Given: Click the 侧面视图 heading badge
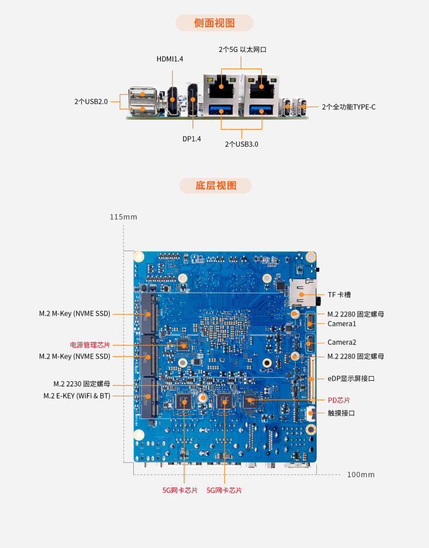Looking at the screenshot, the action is (x=214, y=23).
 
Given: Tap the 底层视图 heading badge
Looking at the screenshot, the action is (x=215, y=186).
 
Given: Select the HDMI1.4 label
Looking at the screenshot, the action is (x=170, y=59).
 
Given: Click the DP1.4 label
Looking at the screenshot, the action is (x=192, y=139).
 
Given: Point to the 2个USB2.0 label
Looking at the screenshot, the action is (x=90, y=102).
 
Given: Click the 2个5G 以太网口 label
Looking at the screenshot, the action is (x=243, y=50).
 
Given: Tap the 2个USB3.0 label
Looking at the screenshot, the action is (x=241, y=144).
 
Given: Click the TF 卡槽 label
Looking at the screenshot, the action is (x=339, y=295).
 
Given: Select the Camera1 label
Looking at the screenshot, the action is (x=342, y=324).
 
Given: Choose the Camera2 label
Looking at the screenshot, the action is (x=342, y=342).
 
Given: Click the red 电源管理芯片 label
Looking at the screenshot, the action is (x=90, y=345).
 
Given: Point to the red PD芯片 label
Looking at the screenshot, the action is (x=339, y=400).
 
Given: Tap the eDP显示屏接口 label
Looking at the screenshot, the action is (x=351, y=378).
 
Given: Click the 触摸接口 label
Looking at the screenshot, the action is (x=341, y=413).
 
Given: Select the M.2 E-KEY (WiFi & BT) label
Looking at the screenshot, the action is (x=77, y=396).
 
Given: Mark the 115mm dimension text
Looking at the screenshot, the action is (x=124, y=217).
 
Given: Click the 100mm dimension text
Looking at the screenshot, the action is (x=361, y=475).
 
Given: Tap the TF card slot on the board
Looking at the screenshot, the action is (x=303, y=293).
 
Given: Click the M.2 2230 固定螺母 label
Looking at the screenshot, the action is (x=82, y=384).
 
